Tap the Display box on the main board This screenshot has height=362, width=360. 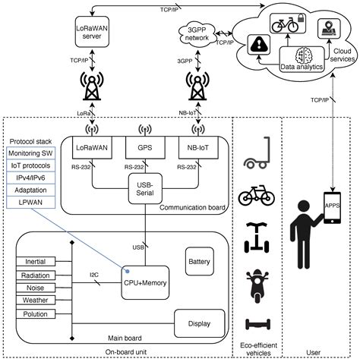[x=201, y=323]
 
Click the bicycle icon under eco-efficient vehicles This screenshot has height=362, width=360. [x=255, y=196]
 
